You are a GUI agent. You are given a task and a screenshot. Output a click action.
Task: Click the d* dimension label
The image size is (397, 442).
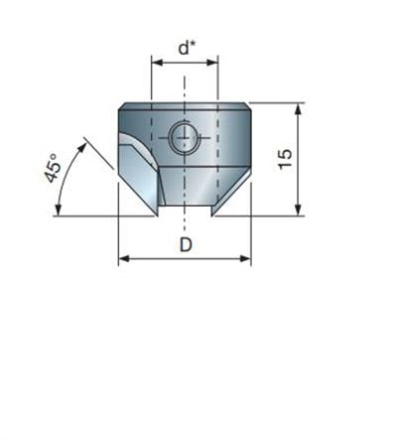tap(188, 48)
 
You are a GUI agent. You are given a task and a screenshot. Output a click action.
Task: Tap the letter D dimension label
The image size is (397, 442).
tap(186, 245)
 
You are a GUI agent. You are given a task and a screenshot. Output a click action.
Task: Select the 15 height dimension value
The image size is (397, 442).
tap(285, 159)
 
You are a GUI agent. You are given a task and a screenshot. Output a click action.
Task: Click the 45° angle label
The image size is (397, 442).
tap(53, 168)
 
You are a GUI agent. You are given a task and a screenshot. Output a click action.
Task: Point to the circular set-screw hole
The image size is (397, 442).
tap(185, 137)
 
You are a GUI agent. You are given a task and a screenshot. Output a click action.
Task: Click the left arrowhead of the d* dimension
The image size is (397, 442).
tap(157, 63)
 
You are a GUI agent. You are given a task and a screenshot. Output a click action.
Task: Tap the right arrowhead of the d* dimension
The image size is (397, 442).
tap(212, 63)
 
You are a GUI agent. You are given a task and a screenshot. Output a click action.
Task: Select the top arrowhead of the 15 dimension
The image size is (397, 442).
tap(298, 109)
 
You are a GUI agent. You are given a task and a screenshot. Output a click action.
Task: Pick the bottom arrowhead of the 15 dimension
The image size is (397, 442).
tap(298, 210)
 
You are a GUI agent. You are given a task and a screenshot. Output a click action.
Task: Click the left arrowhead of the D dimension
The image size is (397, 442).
tap(124, 258)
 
